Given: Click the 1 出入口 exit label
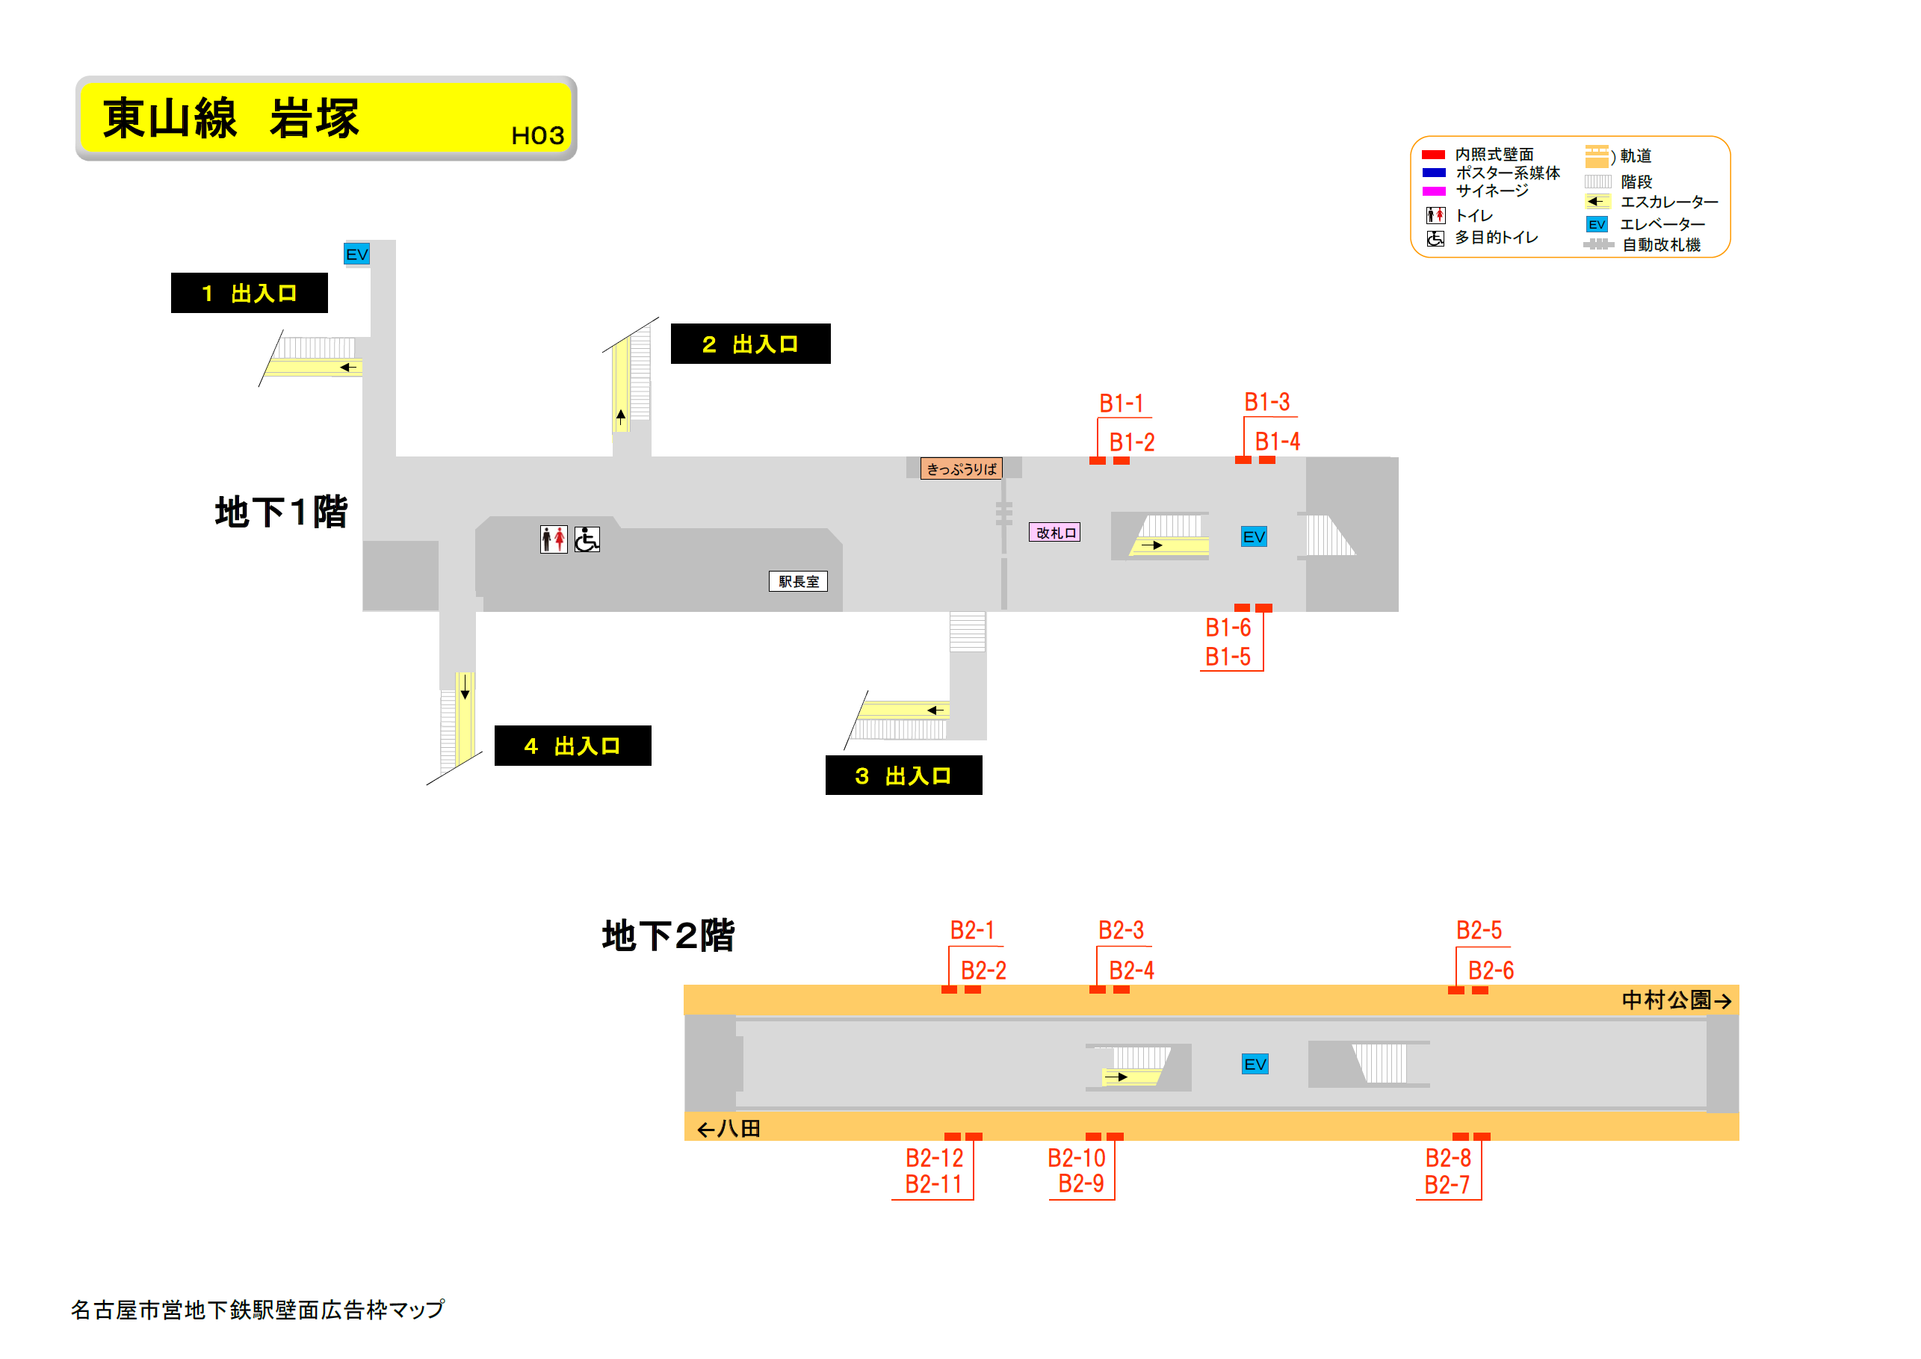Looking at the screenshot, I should (250, 293).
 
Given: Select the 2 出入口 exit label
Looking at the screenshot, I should (749, 344).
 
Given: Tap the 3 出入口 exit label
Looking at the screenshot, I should (903, 776).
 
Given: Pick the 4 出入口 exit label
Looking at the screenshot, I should (572, 746).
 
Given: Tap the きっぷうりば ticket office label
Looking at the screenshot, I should (961, 468).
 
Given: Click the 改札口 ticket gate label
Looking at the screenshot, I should (1054, 532).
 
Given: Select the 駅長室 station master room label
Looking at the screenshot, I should (797, 581).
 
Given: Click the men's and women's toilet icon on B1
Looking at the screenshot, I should (553, 539).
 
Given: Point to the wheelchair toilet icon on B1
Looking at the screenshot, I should (587, 539).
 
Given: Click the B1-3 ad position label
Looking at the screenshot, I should (1266, 403).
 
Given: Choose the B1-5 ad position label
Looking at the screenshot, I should (1228, 657).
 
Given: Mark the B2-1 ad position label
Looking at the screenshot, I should (971, 931).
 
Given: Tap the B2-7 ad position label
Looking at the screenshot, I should (1447, 1185).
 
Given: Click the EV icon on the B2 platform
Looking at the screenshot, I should (1255, 1065).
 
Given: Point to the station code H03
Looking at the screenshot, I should (537, 135).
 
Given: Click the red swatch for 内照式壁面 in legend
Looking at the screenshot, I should (1433, 155).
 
